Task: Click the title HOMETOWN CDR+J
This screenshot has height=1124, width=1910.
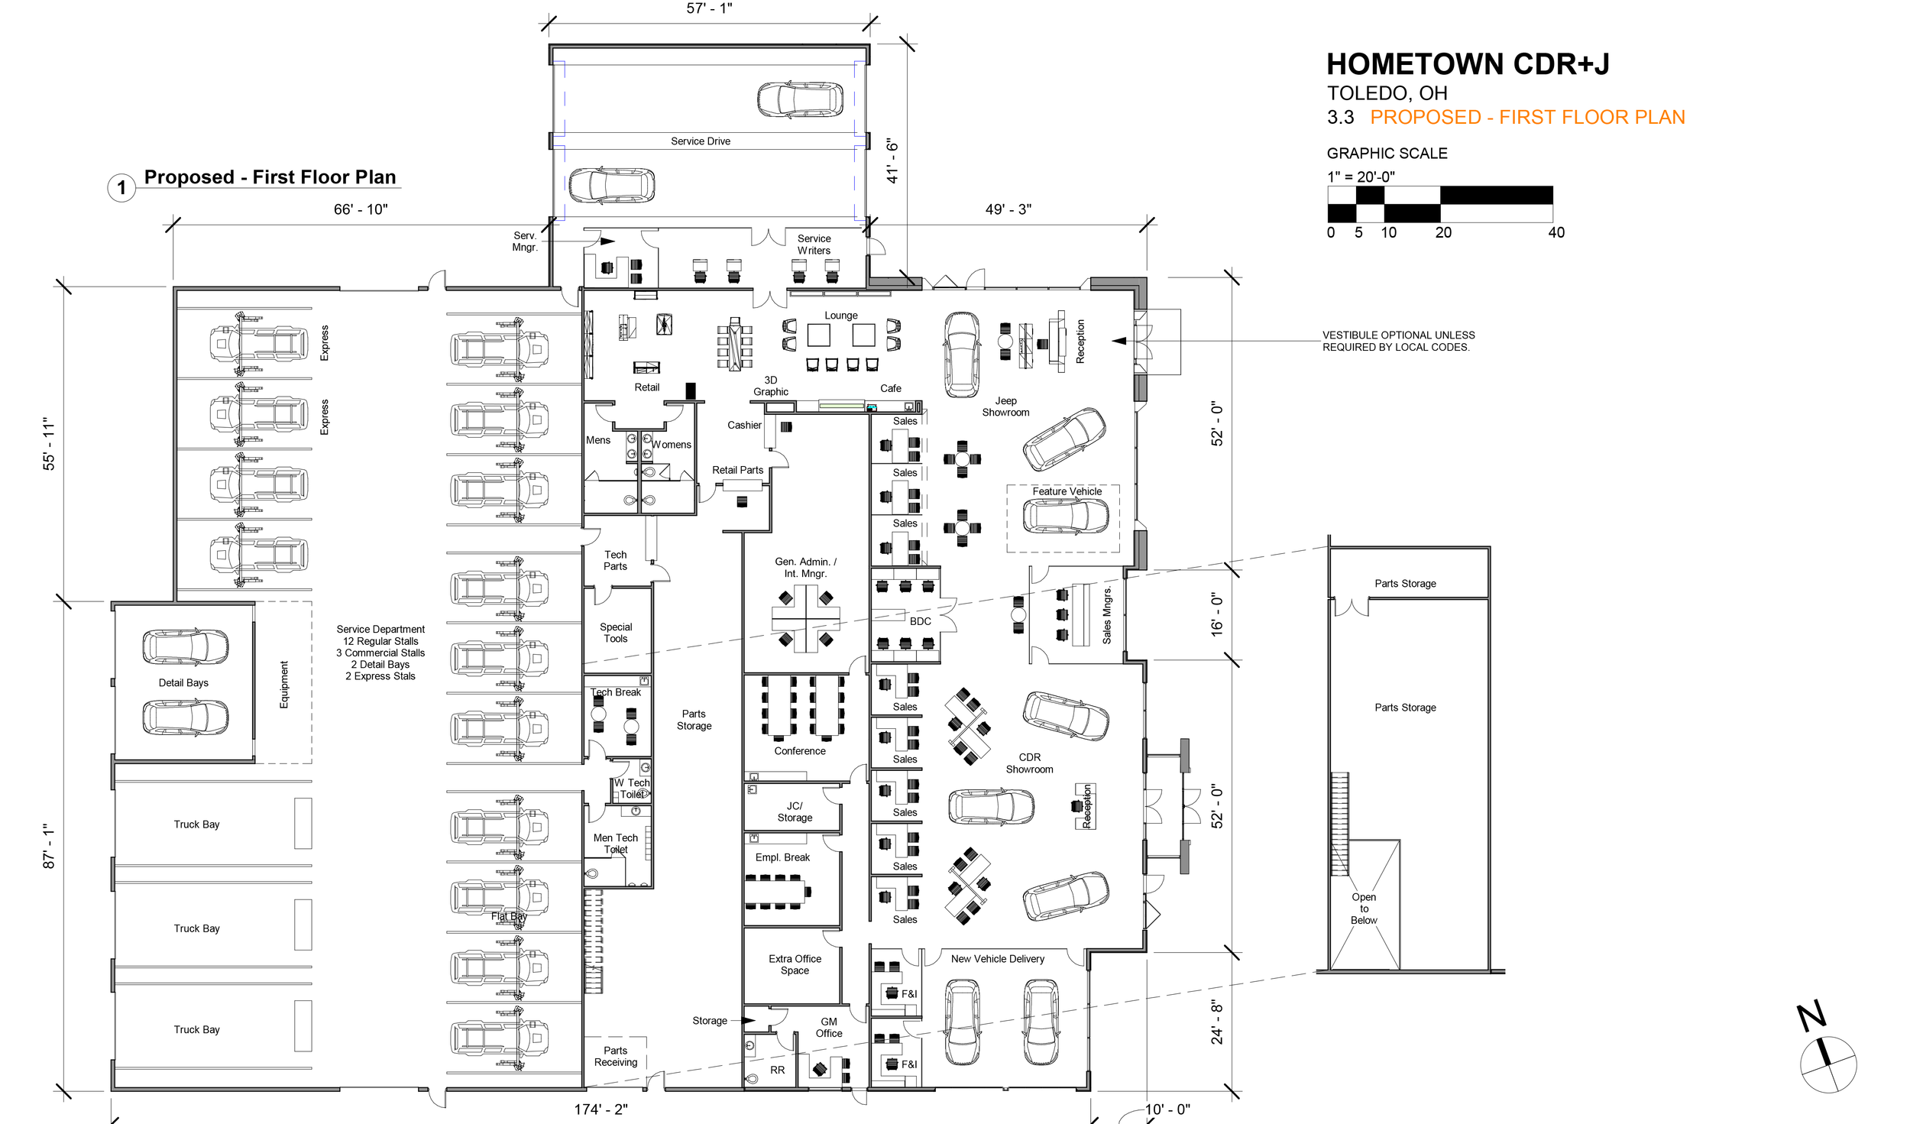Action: click(1467, 64)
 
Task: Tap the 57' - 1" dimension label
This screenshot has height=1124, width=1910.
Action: click(709, 8)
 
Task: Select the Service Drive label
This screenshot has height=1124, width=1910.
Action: click(701, 141)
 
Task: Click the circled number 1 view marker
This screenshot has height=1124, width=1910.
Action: click(121, 188)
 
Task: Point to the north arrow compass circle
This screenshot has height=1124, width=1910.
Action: click(1828, 1064)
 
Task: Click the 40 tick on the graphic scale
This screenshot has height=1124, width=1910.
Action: click(1556, 232)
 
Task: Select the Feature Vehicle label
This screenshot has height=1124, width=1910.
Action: click(1067, 491)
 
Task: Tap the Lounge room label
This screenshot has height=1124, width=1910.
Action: click(840, 316)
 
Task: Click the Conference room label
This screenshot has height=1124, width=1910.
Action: click(799, 751)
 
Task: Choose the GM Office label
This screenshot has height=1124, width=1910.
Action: click(828, 1028)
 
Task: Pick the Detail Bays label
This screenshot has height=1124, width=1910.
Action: click(183, 683)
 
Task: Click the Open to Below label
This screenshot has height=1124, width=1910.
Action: click(1364, 909)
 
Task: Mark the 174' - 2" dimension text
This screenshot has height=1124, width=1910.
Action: click(601, 1109)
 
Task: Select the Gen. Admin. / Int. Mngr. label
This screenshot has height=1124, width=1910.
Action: click(805, 568)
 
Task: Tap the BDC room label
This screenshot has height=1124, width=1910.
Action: click(920, 621)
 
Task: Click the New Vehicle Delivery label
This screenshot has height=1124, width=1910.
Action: click(997, 959)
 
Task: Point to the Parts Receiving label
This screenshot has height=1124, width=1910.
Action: click(615, 1057)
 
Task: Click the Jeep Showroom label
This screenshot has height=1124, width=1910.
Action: click(1005, 407)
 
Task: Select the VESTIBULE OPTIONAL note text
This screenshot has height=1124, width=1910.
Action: click(1397, 341)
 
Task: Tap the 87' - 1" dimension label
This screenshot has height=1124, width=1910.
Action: click(50, 846)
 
